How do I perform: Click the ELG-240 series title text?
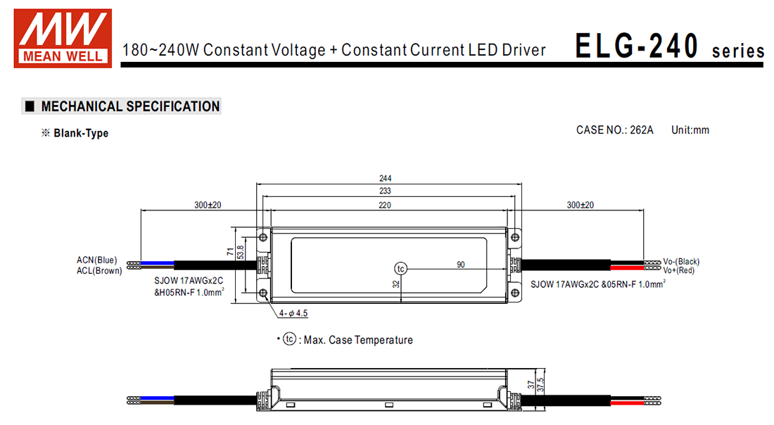coord(669,46)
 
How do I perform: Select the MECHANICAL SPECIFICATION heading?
coord(130,107)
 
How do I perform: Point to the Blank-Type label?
coord(81,133)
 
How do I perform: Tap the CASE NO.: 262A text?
coord(614,130)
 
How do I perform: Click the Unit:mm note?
coord(690,130)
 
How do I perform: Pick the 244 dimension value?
coord(385,178)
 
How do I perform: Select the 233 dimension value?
coord(385,191)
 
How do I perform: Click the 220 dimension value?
coord(385,205)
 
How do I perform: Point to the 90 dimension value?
coord(461,265)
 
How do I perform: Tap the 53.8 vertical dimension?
coord(241,253)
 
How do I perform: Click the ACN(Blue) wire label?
coord(97,260)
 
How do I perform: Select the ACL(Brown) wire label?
coord(99,270)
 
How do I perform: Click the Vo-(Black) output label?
coord(681,261)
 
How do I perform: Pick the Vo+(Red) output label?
coord(678,269)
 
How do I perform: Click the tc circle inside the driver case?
coord(400,269)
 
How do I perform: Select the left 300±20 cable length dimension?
coord(208,205)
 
